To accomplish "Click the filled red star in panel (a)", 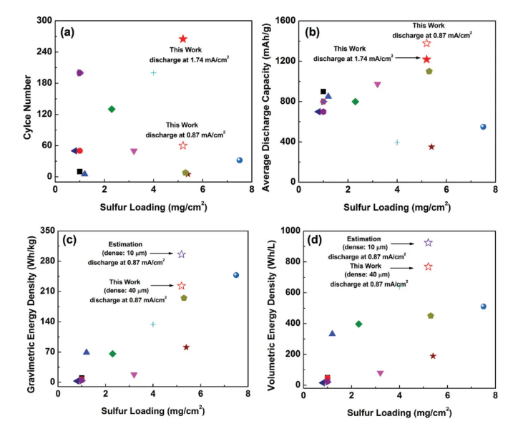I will (x=182, y=39).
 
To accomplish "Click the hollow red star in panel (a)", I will (x=182, y=145).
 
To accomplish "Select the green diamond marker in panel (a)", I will (x=112, y=109).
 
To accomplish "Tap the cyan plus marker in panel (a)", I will (x=153, y=73).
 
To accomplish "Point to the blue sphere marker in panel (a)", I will (x=240, y=160).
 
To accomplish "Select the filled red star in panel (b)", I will (x=426, y=59).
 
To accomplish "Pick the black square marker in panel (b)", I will (x=323, y=92).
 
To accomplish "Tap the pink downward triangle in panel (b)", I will (x=377, y=85).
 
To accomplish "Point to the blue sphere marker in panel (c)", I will (x=236, y=275).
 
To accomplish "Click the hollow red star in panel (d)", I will (x=428, y=266).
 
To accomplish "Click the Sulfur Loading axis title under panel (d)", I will (x=399, y=413).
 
